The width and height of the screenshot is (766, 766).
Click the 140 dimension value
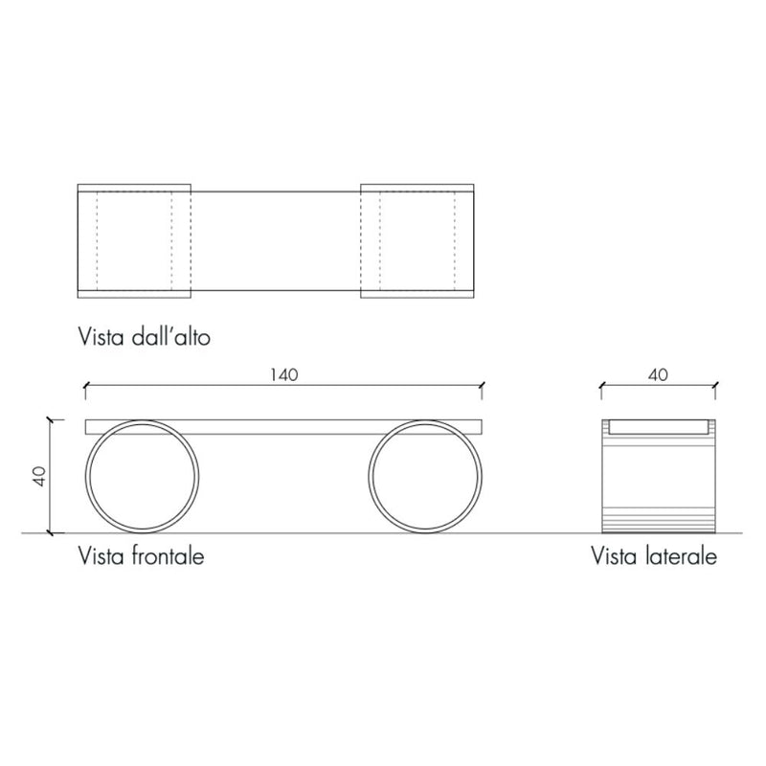tap(283, 374)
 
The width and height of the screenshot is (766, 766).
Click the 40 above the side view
tap(658, 374)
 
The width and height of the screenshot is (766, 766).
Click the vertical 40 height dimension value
tap(39, 476)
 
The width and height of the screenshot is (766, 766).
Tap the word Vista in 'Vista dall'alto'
tap(101, 337)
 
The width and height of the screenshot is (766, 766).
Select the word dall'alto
tap(171, 337)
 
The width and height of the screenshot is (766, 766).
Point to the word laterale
tap(683, 556)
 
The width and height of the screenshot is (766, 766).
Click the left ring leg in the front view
tap(86, 476)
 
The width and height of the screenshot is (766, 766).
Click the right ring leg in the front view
tap(369, 476)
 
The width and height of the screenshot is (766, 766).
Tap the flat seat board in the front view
tap(283, 427)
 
